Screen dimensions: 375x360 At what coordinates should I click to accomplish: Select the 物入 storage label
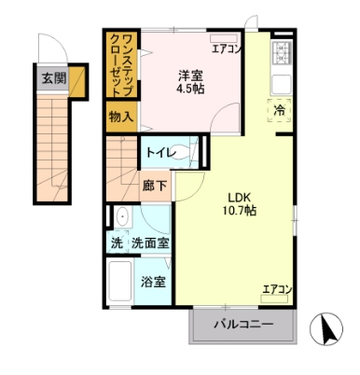click(x=121, y=117)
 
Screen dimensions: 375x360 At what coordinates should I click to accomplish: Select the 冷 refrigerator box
click(x=281, y=111)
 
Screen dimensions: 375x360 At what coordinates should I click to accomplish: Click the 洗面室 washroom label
click(x=150, y=243)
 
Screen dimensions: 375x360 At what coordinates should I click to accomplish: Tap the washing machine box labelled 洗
click(x=117, y=243)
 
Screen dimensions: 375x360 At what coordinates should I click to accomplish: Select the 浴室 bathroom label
click(x=154, y=281)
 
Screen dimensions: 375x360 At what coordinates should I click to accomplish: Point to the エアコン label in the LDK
click(x=277, y=289)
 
